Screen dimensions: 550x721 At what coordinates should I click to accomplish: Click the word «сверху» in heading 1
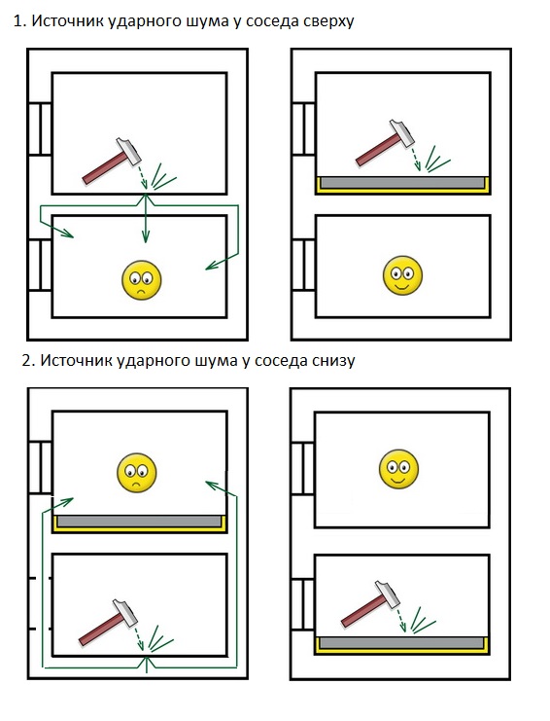click(328, 21)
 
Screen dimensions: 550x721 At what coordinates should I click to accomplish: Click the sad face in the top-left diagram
click(142, 280)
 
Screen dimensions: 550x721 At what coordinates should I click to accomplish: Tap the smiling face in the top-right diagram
click(402, 275)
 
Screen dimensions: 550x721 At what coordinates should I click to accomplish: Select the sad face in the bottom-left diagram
click(137, 473)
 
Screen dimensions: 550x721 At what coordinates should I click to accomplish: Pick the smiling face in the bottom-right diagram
click(398, 469)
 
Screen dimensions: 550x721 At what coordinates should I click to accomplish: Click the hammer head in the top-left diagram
click(128, 151)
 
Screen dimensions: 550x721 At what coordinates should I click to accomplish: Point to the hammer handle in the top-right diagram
click(378, 149)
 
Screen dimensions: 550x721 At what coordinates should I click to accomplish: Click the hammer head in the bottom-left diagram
click(125, 612)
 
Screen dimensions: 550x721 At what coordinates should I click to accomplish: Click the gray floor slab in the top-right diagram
click(402, 182)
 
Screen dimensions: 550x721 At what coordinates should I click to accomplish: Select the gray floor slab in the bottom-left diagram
click(139, 521)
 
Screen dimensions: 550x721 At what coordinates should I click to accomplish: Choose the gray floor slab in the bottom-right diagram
click(401, 642)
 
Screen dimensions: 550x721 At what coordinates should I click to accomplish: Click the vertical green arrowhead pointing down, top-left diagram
click(146, 236)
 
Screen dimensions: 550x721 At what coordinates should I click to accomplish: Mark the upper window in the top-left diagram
click(40, 128)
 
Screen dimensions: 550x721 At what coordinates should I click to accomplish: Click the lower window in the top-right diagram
click(303, 265)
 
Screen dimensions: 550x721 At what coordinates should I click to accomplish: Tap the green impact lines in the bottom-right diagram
click(423, 620)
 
